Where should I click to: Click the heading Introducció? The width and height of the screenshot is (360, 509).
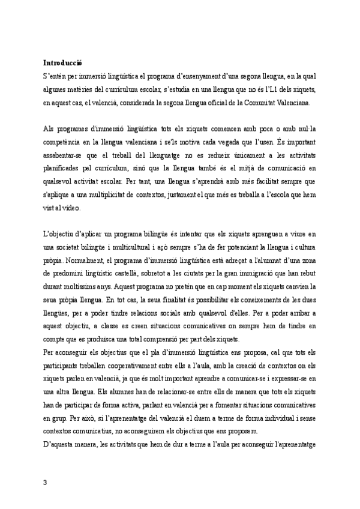coord(62,62)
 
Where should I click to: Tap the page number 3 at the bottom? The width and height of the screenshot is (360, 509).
coord(46,481)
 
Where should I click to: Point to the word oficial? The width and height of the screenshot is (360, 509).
coord(217,103)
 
